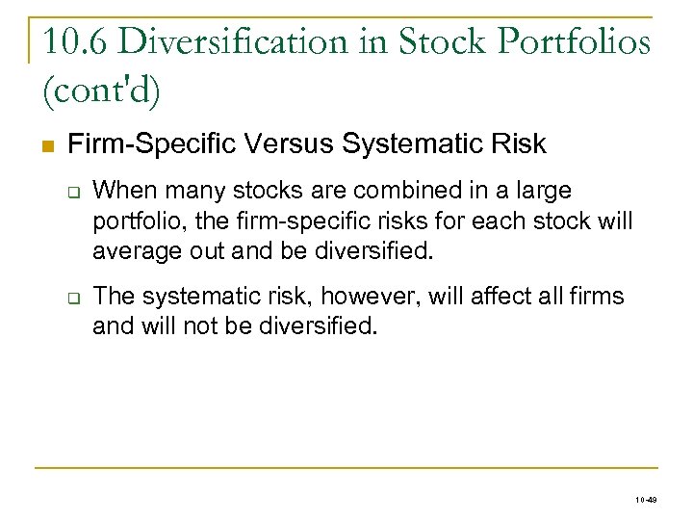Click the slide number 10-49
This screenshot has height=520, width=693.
[647, 501]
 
